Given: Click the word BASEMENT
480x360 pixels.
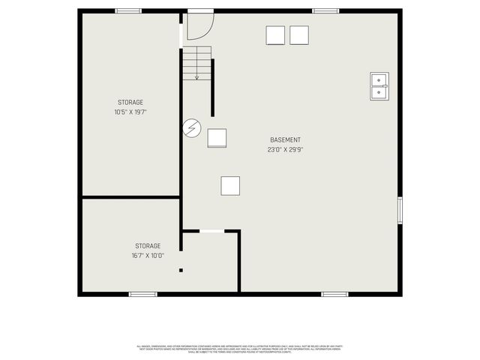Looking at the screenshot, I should (285, 140).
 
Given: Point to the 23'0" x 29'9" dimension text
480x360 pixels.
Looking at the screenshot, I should (285, 149).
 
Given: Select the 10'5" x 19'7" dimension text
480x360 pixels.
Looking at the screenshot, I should (130, 112).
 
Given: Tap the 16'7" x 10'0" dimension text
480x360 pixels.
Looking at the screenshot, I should (147, 255).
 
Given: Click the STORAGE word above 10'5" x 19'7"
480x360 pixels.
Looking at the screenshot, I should (130, 103).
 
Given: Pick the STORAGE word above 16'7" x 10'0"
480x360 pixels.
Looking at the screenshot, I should (147, 246).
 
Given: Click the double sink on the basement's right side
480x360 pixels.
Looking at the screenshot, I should (379, 86).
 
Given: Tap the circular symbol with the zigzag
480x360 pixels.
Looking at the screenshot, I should (192, 129).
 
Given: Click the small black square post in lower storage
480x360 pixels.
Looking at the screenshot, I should (181, 270).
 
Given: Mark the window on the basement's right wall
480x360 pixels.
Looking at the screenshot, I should (400, 210).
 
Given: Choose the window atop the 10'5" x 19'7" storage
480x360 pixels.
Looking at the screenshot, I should (128, 10).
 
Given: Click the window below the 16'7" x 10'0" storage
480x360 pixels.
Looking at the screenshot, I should (142, 294).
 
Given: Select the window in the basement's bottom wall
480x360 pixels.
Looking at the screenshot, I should (334, 294).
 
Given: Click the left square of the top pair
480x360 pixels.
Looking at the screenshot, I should (275, 35).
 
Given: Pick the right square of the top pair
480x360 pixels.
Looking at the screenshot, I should (299, 35).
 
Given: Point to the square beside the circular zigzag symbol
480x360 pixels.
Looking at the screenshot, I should (217, 138).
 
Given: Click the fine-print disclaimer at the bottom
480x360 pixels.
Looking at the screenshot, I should (239, 349).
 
